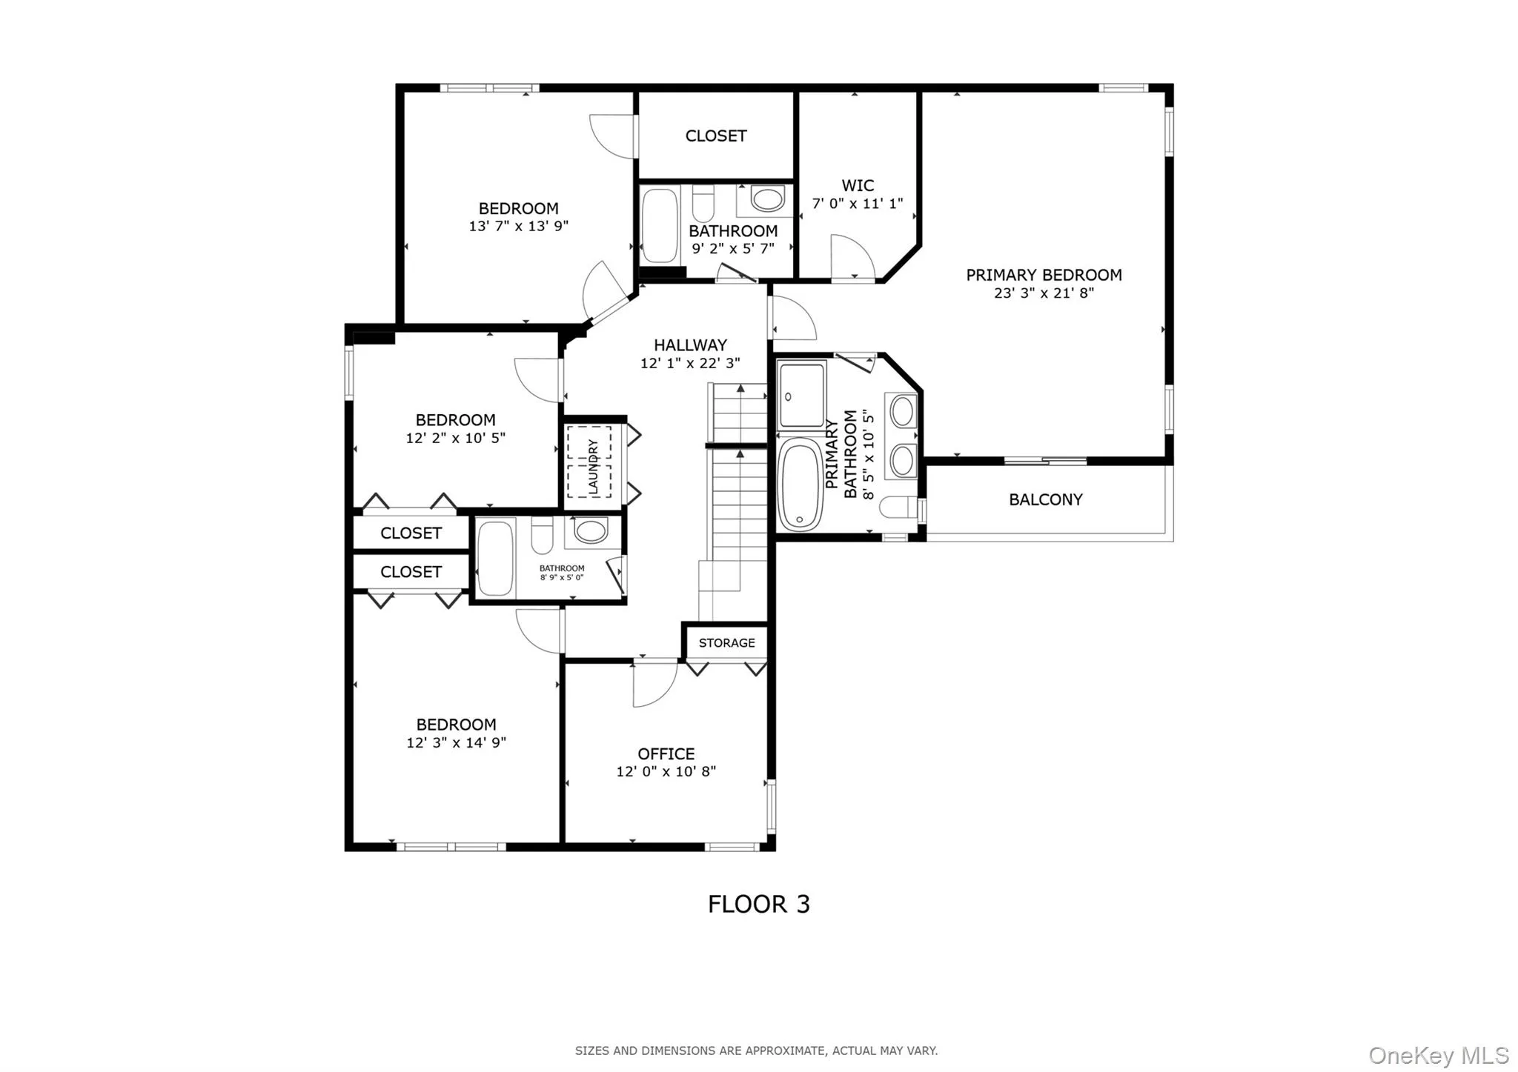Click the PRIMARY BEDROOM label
[1044, 275]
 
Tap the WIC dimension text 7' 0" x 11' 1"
[858, 204]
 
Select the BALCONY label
[1045, 500]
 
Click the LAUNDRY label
[593, 466]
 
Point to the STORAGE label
[726, 643]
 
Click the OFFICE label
[666, 754]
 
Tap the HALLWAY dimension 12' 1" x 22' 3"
[690, 364]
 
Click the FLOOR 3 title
[758, 905]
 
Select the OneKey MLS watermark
[1438, 1055]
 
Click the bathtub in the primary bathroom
[801, 485]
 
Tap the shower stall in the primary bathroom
[801, 395]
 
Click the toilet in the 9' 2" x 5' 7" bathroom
[703, 204]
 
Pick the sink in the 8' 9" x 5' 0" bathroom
[591, 530]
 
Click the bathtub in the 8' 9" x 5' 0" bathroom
[496, 558]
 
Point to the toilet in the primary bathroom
[898, 508]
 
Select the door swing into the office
[654, 683]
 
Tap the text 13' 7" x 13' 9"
[518, 227]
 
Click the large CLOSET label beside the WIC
[715, 136]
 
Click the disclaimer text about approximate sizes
[756, 1051]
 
